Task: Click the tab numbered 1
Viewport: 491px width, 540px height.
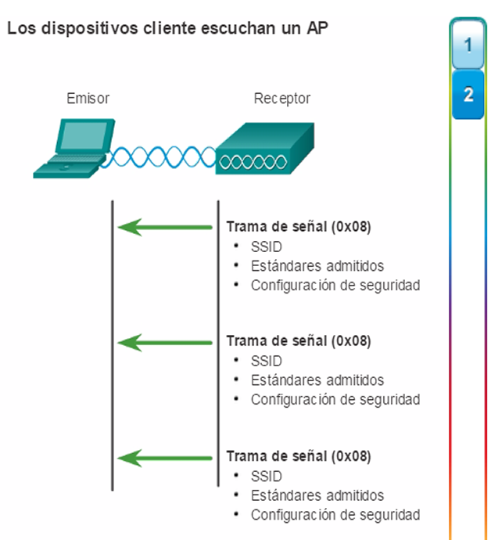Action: click(468, 45)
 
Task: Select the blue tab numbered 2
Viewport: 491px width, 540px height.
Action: click(468, 95)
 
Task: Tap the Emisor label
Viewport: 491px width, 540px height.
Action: click(88, 99)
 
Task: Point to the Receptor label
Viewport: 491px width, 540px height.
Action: click(281, 99)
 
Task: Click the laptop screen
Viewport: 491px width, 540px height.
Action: click(84, 135)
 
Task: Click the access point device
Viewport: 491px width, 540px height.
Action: click(265, 149)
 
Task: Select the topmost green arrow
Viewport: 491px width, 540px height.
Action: click(165, 227)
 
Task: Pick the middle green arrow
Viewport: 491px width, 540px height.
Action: click(165, 343)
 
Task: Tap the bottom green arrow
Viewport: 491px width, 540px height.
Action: click(165, 458)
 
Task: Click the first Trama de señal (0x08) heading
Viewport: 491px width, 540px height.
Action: click(299, 227)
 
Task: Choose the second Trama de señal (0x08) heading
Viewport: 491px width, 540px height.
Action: click(299, 341)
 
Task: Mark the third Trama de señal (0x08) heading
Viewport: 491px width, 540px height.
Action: click(299, 456)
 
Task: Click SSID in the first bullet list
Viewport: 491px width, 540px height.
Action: click(267, 247)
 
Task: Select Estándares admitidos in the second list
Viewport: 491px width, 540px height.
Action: click(317, 380)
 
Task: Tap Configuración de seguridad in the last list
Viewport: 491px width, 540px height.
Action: click(335, 515)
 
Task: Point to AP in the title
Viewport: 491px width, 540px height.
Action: click(317, 28)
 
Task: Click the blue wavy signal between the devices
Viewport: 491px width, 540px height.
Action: click(158, 157)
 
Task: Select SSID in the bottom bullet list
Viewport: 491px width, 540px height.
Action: click(267, 477)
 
